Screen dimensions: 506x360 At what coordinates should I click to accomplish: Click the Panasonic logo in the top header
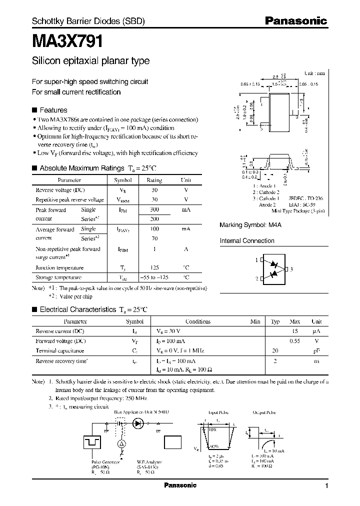coord(295,21)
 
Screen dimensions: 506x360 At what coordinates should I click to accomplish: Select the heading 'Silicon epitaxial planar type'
coord(90,61)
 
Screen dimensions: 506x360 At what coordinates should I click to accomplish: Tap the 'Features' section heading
coord(53,110)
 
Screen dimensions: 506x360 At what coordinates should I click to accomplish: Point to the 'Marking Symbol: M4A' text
coord(251,225)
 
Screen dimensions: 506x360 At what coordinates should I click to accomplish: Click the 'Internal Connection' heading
coord(247,240)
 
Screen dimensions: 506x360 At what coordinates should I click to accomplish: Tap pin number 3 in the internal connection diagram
coord(291,269)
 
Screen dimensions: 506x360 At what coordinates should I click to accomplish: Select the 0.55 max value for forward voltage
coord(295,341)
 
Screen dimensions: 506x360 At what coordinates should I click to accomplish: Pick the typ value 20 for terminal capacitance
coord(274,350)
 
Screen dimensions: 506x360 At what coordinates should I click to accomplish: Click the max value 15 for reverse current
coord(295,331)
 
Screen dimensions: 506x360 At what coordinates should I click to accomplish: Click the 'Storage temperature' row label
coord(58,277)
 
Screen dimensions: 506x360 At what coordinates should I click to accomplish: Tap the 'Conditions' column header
coord(198,321)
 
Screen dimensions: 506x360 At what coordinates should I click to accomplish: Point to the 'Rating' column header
coord(154,180)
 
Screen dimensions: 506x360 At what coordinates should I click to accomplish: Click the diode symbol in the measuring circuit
coord(138,422)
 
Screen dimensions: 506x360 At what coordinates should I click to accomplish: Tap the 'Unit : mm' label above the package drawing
coord(314,73)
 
